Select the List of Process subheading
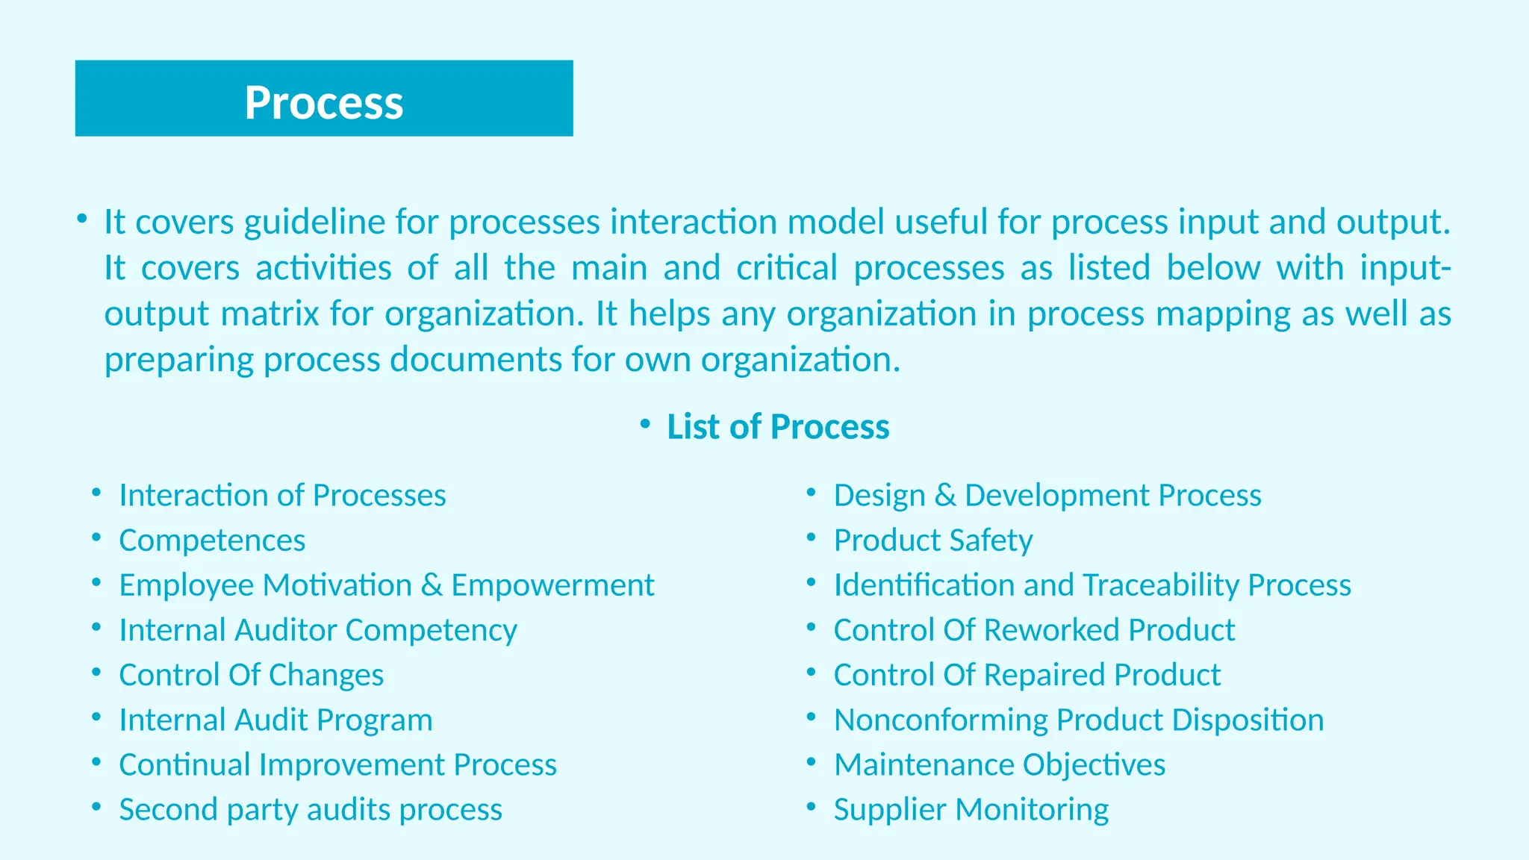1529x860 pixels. tap(777, 427)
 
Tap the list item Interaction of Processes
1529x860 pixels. tap(282, 496)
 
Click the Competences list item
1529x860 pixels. tap(212, 540)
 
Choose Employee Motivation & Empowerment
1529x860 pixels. tap(386, 585)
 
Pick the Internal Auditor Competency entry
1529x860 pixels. tap(317, 630)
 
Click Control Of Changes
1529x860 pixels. tap(251, 675)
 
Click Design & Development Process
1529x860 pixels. tap(1047, 496)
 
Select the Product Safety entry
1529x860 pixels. tap(932, 540)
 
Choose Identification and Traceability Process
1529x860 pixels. tap(1092, 585)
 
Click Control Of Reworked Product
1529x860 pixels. tap(1034, 630)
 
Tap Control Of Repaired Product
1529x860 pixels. tap(1027, 675)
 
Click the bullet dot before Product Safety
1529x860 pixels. tap(812, 538)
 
